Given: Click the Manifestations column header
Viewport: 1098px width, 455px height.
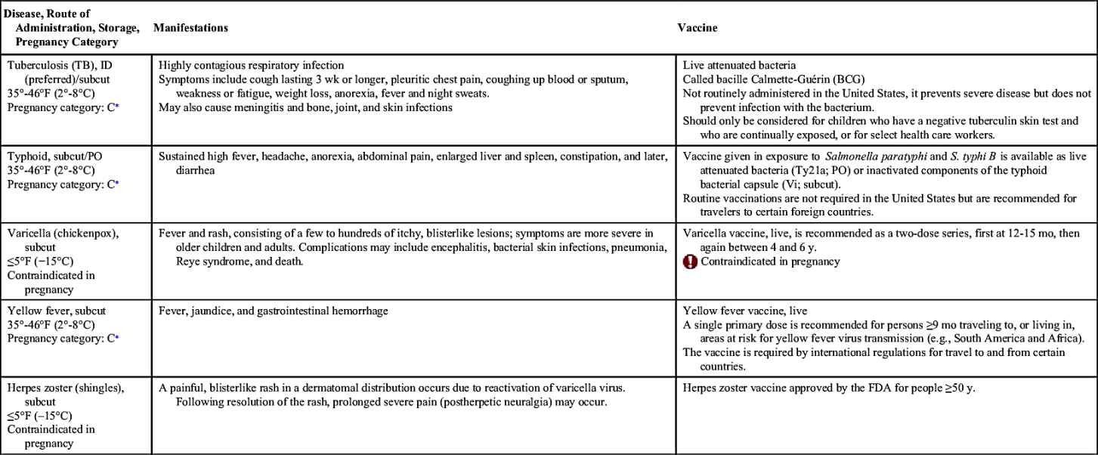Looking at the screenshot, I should click(x=190, y=27).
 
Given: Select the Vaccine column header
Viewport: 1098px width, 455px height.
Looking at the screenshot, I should click(x=697, y=27).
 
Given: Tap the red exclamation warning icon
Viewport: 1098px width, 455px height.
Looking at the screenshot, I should click(x=690, y=262).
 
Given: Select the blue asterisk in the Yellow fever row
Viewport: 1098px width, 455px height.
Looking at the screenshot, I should click(x=116, y=339).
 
